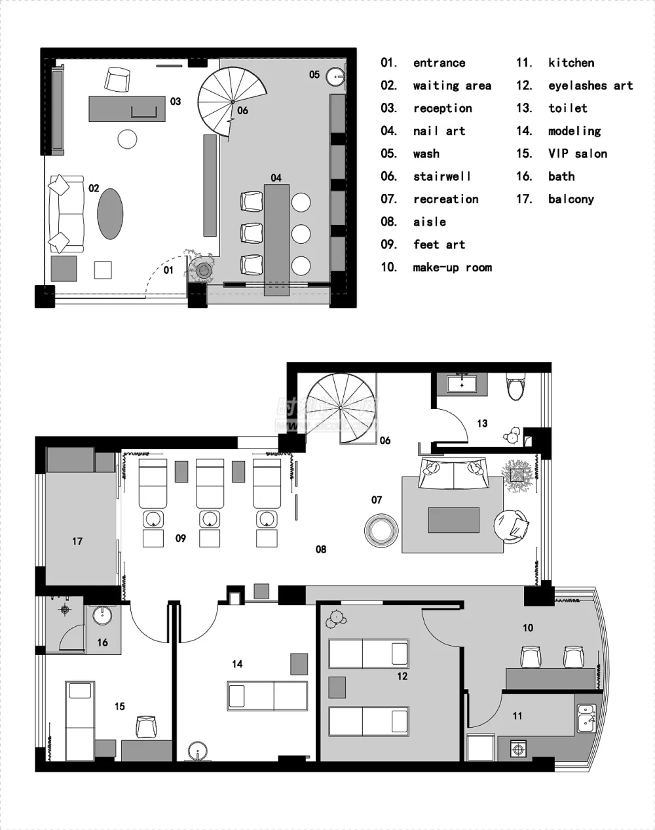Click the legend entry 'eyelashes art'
[x=591, y=86]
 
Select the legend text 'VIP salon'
[x=578, y=154]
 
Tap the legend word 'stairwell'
[x=442, y=176]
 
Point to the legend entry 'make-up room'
[x=453, y=267]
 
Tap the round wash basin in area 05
[x=335, y=77]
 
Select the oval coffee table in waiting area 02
[x=110, y=214]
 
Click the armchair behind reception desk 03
[x=117, y=79]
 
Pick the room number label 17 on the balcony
[x=77, y=541]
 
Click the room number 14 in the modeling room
[x=237, y=663]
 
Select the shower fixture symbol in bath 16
[x=65, y=610]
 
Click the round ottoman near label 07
[x=381, y=530]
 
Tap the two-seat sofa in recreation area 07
[x=453, y=473]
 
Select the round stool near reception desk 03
[x=127, y=139]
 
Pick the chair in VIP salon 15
[x=147, y=726]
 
